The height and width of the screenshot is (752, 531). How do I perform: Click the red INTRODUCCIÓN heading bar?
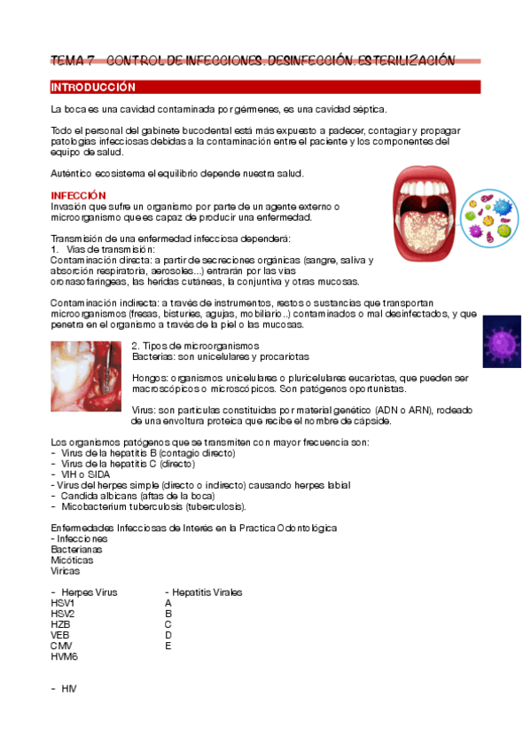pyautogui.click(x=265, y=87)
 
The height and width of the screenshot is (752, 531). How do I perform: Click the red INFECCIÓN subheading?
pyautogui.click(x=78, y=195)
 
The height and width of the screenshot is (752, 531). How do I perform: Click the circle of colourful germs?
pyautogui.click(x=489, y=218)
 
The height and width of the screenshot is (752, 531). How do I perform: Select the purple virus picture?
pyautogui.click(x=502, y=341)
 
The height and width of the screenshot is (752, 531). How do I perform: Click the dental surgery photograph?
pyautogui.click(x=86, y=376)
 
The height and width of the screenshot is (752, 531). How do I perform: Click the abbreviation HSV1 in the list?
pyautogui.click(x=63, y=603)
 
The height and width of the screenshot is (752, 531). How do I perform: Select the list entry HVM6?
pyautogui.click(x=64, y=656)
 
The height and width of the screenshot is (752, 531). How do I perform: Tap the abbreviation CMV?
pyautogui.click(x=61, y=646)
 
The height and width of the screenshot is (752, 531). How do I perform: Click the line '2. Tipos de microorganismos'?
pyautogui.click(x=195, y=345)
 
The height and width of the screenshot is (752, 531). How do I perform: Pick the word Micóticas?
pyautogui.click(x=72, y=560)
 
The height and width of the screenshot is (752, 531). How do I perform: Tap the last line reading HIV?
pyautogui.click(x=69, y=688)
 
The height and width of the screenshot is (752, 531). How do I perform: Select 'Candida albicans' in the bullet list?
pyautogui.click(x=97, y=496)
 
